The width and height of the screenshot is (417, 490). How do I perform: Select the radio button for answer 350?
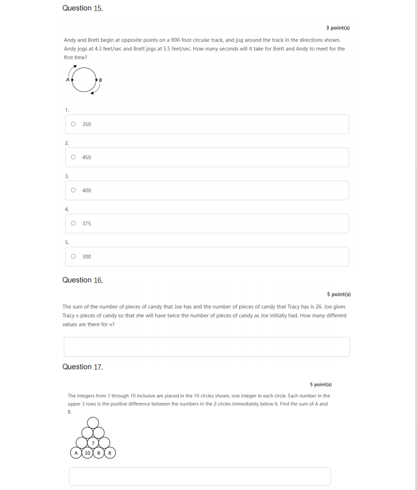pyautogui.click(x=73, y=124)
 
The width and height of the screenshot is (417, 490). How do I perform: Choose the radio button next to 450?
pyautogui.click(x=73, y=157)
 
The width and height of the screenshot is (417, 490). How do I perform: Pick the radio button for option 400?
pyautogui.click(x=73, y=190)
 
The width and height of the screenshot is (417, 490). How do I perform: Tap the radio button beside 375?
pyautogui.click(x=73, y=223)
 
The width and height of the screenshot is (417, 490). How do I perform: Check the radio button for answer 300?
pyautogui.click(x=73, y=256)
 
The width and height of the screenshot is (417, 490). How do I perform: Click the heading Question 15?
pyautogui.click(x=82, y=8)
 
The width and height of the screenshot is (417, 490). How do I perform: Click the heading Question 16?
pyautogui.click(x=82, y=280)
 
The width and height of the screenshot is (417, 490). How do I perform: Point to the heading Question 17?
pyautogui.click(x=82, y=367)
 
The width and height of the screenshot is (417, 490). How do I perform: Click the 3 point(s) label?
pyautogui.click(x=337, y=27)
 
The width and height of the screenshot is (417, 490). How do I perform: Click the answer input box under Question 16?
pyautogui.click(x=206, y=347)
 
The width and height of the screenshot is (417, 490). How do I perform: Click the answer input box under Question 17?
pyautogui.click(x=200, y=476)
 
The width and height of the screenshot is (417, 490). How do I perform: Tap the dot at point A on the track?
pyautogui.click(x=72, y=79)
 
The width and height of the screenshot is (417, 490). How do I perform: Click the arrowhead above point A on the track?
pyautogui.click(x=75, y=67)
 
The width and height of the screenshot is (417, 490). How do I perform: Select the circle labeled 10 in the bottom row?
pyautogui.click(x=87, y=453)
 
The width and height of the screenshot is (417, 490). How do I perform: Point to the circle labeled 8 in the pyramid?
pyautogui.click(x=109, y=453)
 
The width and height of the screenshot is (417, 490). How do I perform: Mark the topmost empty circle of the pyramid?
pyautogui.click(x=93, y=422)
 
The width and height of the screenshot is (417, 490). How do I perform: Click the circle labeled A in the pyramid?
pyautogui.click(x=76, y=453)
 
